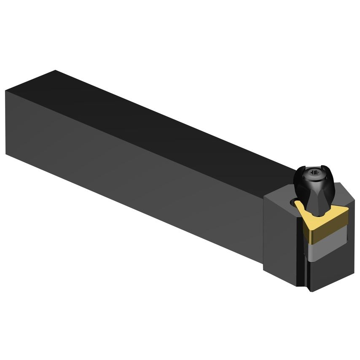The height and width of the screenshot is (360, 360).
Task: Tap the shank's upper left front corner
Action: (6, 90)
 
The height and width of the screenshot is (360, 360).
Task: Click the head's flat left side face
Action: (282, 240)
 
